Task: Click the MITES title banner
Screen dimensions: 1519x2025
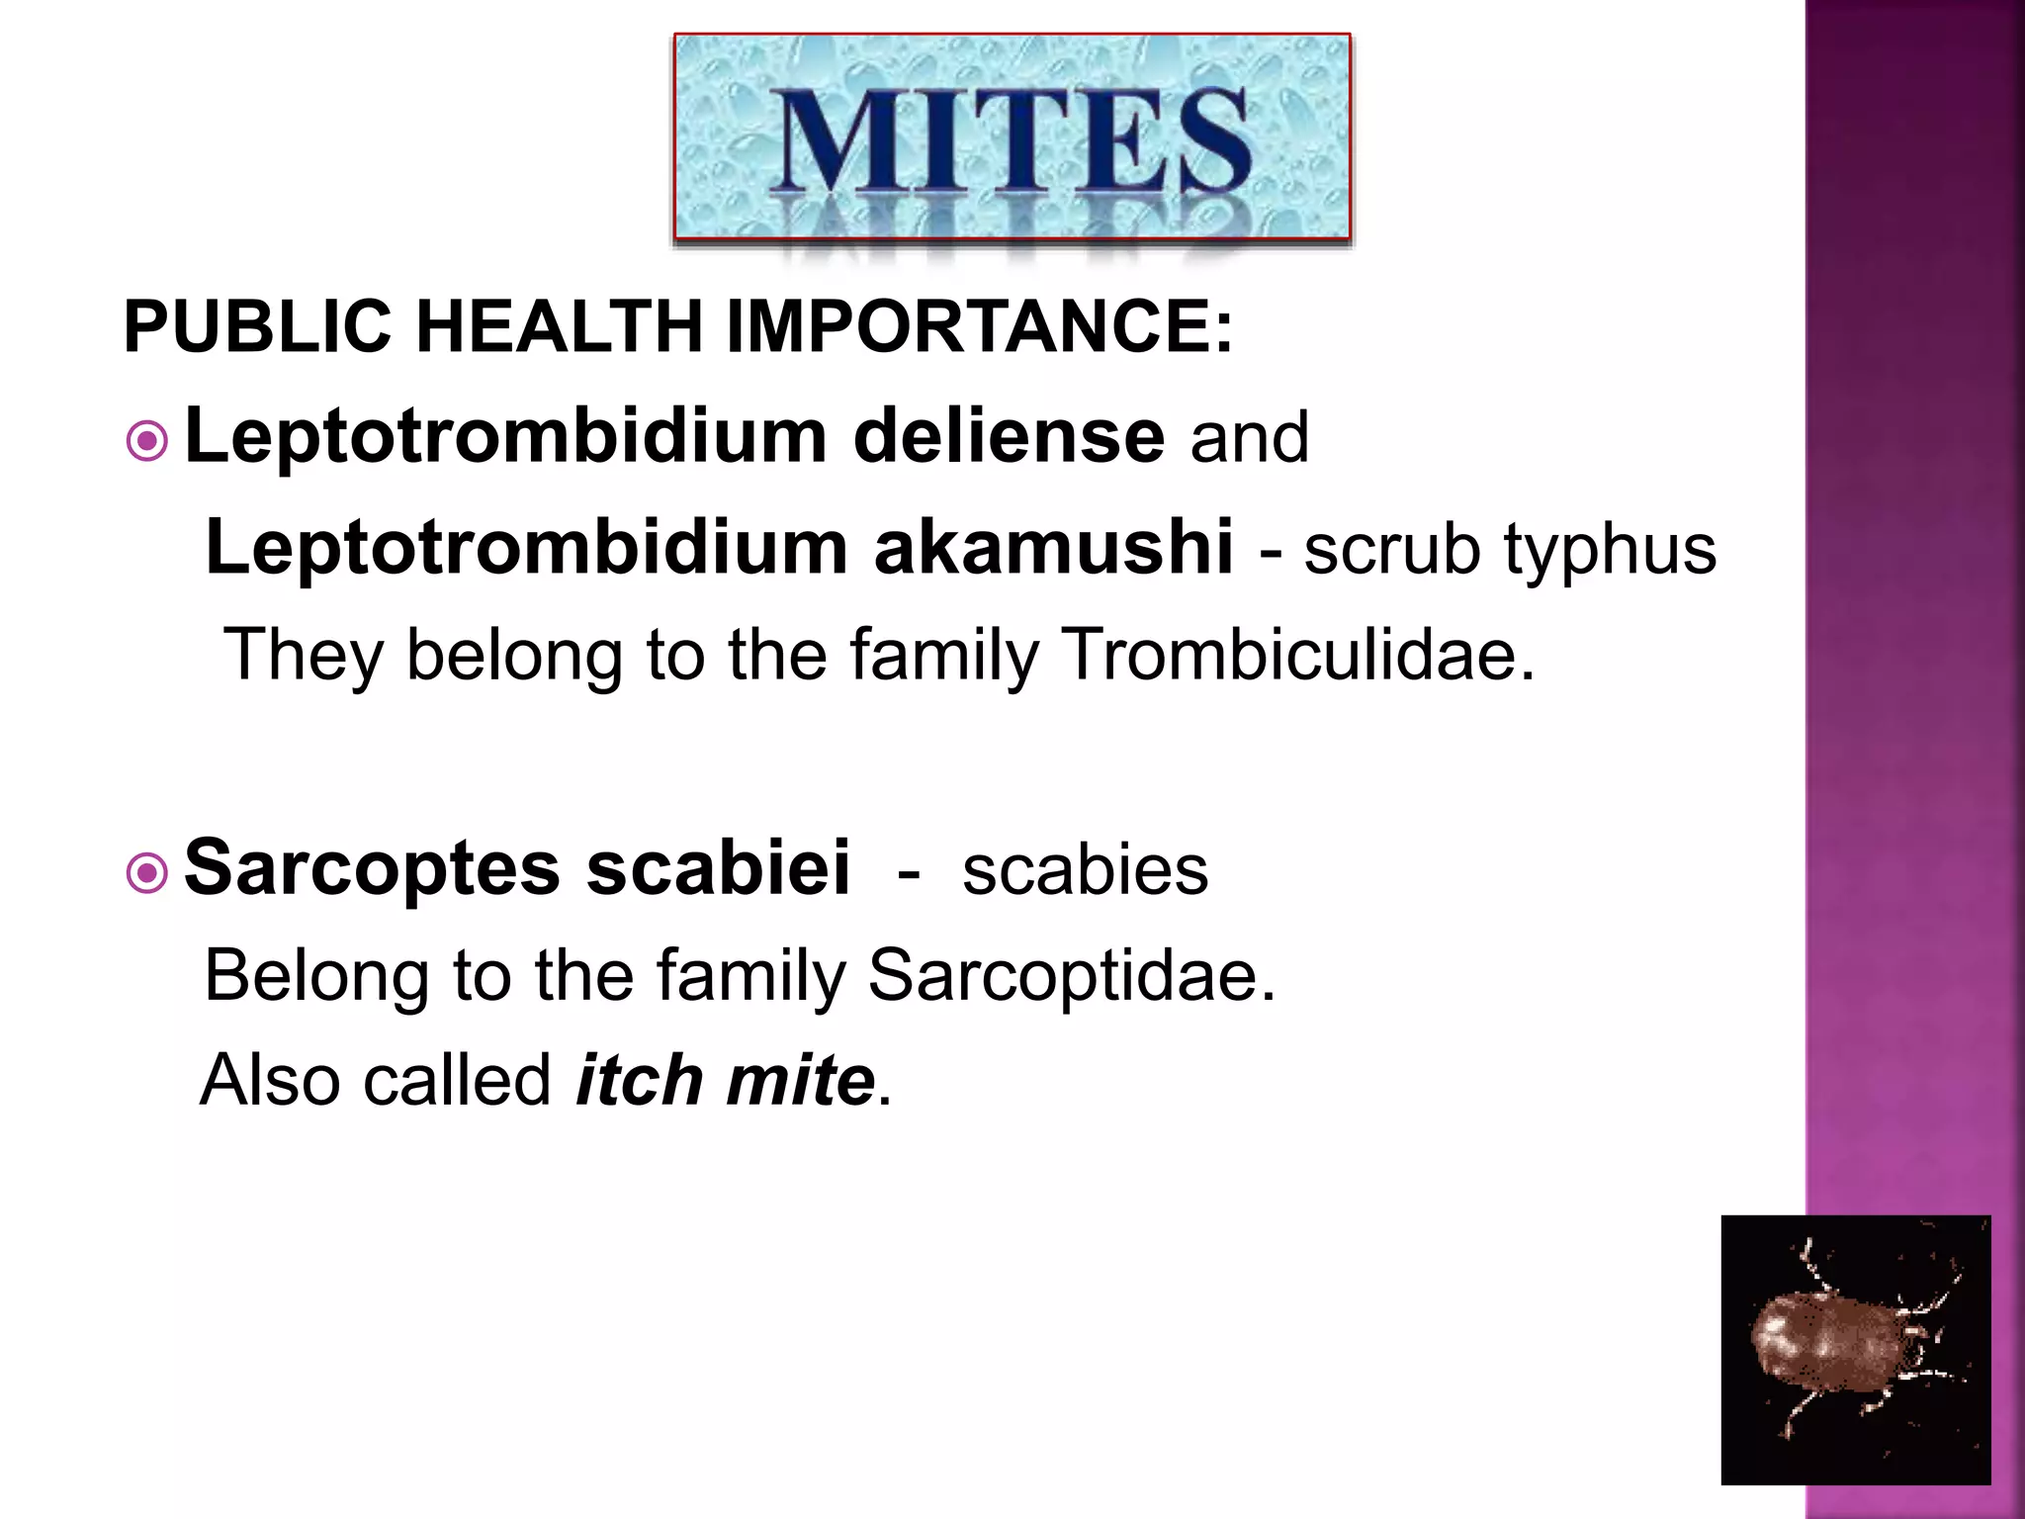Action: [x=1012, y=137]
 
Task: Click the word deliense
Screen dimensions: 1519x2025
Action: [x=1009, y=437]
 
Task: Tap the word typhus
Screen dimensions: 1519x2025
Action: [x=1611, y=550]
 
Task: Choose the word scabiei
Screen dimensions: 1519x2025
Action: [x=718, y=868]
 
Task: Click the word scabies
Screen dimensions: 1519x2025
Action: [x=1085, y=870]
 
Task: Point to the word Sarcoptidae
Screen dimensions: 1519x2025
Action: [x=1072, y=975]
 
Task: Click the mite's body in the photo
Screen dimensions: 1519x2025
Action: [x=1828, y=1345]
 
